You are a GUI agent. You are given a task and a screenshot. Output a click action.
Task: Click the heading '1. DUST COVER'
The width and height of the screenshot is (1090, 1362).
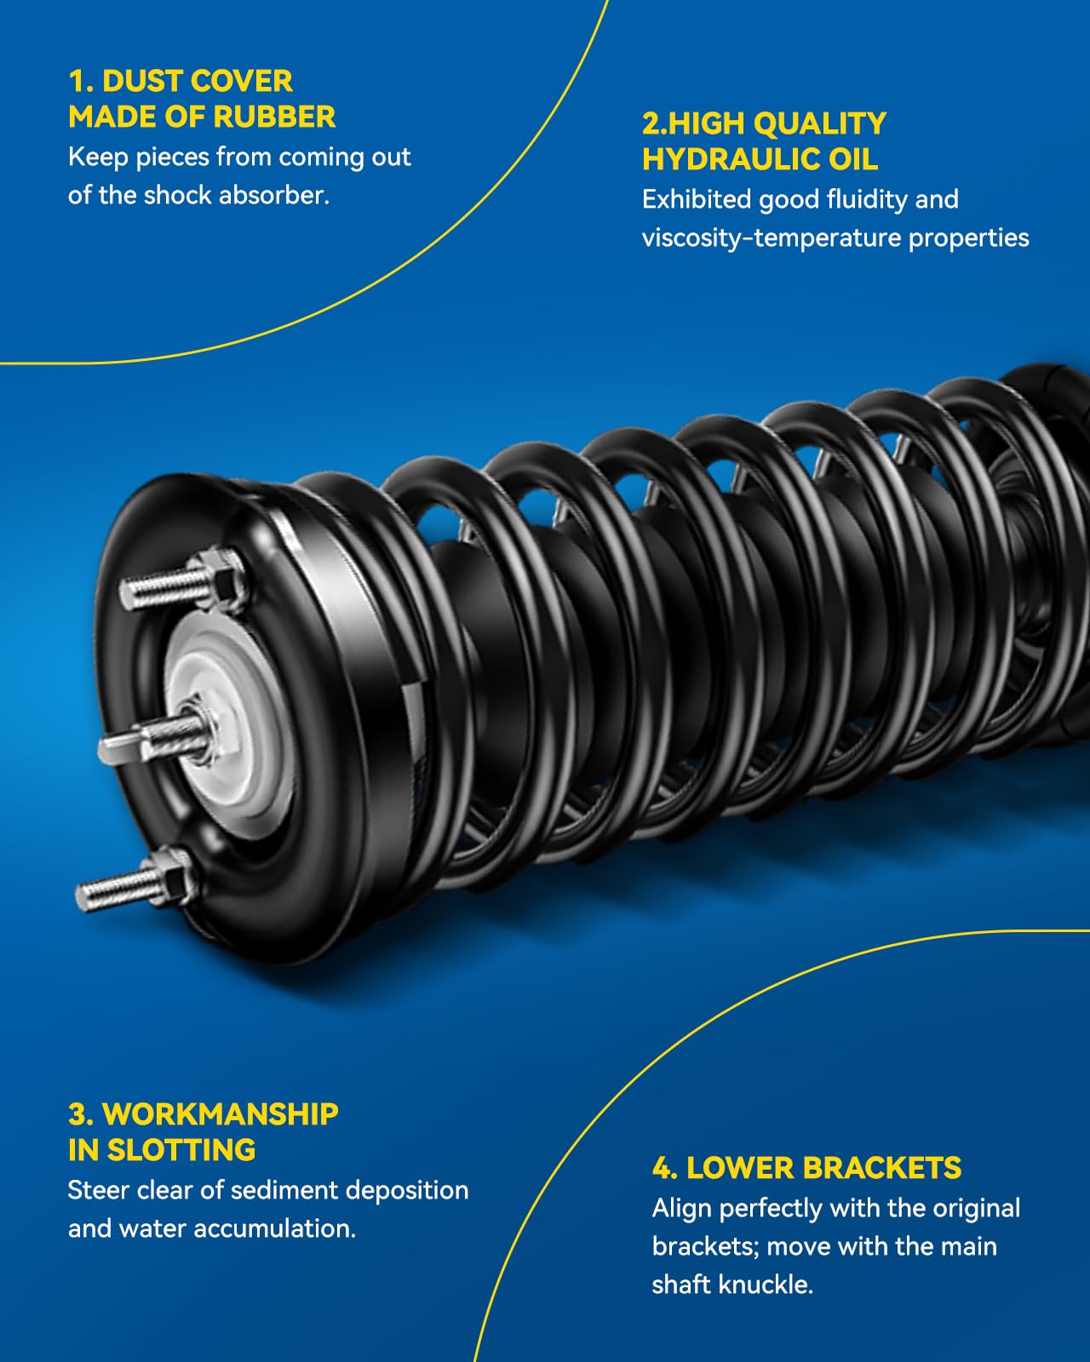click(181, 82)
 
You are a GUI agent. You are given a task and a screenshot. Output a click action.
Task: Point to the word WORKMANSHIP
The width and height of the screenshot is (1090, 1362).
click(220, 1114)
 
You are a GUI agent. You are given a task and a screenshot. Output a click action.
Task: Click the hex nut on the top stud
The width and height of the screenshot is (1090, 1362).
click(223, 577)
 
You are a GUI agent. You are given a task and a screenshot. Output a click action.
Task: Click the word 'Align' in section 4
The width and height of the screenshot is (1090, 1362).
click(682, 1209)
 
